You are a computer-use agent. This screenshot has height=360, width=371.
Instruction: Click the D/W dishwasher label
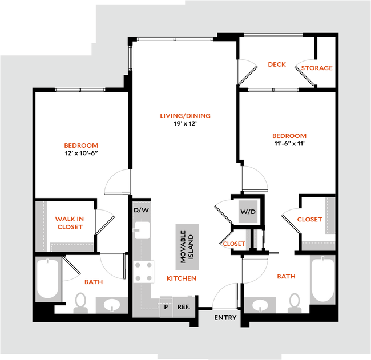coord(141,210)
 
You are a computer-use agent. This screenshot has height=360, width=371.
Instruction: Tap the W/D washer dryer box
coord(248,212)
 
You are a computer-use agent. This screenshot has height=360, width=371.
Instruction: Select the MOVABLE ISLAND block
coord(187,247)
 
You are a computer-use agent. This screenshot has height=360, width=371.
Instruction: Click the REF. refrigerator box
coord(183,306)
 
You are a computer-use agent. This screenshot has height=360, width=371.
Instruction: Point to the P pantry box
coord(165,306)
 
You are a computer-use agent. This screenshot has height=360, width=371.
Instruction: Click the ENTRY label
coord(225,318)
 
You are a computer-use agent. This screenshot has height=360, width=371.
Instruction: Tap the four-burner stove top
coord(144,271)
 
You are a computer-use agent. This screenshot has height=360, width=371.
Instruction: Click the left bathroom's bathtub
coord(48,279)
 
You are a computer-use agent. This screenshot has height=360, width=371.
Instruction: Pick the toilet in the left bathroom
coord(80,303)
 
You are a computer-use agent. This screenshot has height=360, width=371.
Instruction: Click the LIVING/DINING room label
coord(185,116)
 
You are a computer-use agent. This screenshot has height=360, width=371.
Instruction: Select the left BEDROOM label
coord(82,146)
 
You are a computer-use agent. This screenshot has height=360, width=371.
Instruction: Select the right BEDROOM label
coord(289,136)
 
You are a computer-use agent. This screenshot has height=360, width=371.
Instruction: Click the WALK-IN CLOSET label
coord(69,223)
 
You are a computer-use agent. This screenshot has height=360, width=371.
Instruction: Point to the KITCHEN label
coord(181,278)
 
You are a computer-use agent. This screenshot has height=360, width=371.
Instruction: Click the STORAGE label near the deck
coord(317,68)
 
